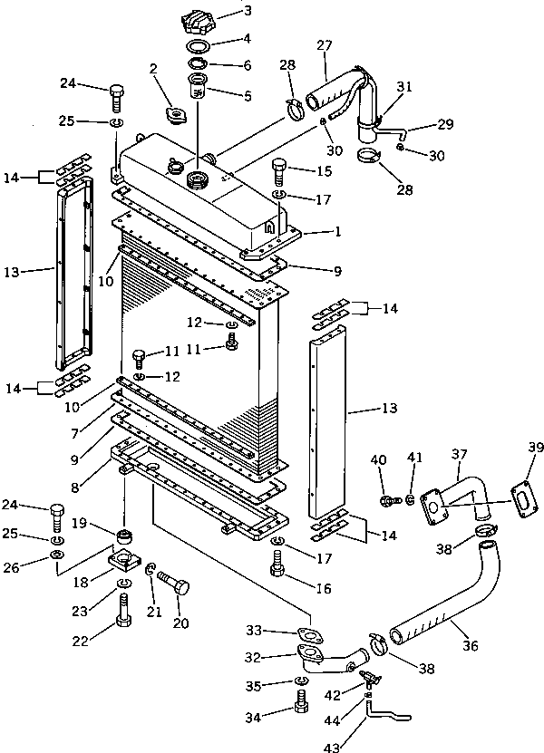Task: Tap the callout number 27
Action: pos(324,45)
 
